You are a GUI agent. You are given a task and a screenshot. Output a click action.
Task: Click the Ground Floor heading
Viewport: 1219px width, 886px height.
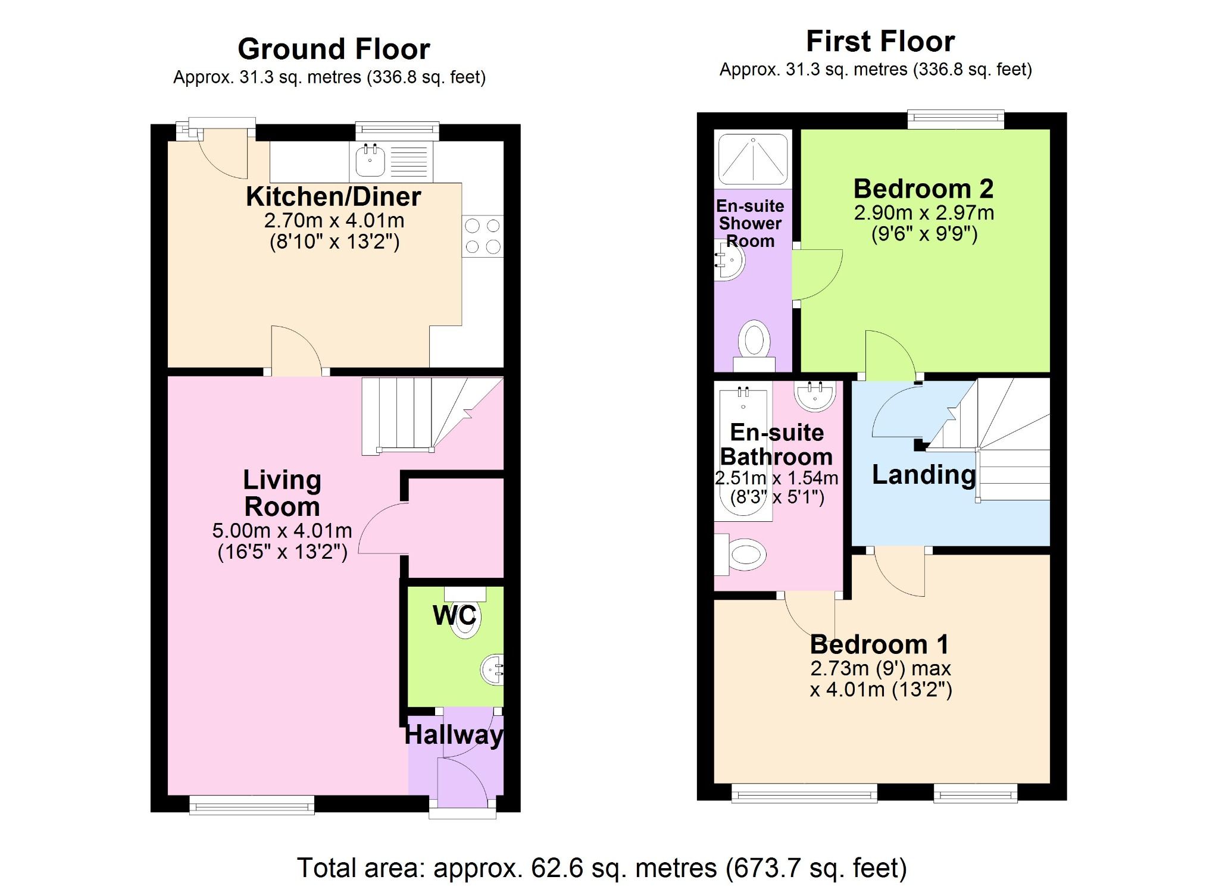tap(333, 49)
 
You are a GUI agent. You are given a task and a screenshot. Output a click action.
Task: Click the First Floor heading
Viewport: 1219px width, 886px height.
tap(880, 42)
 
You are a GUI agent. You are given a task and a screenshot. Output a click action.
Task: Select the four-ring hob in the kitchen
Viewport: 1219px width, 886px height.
tap(482, 236)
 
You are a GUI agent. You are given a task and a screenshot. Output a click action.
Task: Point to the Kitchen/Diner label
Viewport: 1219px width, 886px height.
tap(333, 196)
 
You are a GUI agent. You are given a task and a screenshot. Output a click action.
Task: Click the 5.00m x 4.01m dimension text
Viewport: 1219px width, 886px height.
tap(282, 530)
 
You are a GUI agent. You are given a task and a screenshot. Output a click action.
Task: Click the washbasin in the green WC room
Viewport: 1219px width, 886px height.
tap(492, 669)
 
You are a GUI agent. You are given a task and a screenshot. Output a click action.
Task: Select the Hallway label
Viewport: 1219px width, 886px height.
tap(454, 735)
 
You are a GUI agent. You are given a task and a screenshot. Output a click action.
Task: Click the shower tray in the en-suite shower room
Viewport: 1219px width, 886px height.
tap(753, 158)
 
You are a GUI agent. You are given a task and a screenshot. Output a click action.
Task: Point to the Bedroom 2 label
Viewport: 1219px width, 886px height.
tap(923, 189)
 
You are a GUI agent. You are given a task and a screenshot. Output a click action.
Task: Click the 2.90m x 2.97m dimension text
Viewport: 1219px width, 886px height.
tap(923, 212)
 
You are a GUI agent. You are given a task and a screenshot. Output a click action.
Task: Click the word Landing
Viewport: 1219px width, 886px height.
tap(923, 475)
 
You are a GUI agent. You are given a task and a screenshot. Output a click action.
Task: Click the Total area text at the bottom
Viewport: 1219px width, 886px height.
tap(601, 868)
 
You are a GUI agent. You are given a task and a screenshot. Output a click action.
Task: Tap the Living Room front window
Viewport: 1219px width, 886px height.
tap(252, 806)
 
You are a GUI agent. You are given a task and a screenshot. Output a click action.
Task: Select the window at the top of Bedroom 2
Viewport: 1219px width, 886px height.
tap(955, 120)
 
